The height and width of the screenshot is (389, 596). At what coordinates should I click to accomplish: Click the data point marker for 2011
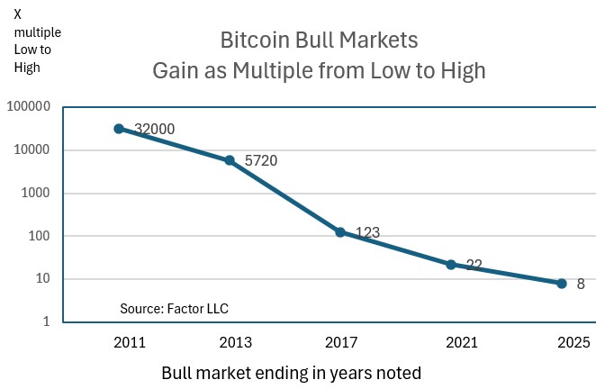[x=119, y=129]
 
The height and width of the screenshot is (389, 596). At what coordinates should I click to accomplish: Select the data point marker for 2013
[x=230, y=160]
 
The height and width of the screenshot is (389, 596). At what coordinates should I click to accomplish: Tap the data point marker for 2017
[x=340, y=232]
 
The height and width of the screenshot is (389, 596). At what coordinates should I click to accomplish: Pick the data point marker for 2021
[x=451, y=265]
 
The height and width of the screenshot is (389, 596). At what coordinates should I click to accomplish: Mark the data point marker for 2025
[x=562, y=284]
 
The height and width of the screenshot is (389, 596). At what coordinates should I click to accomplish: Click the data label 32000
[x=154, y=129]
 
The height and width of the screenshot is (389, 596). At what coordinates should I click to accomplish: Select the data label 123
[x=367, y=233]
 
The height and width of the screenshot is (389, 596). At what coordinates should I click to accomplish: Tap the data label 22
[x=474, y=266]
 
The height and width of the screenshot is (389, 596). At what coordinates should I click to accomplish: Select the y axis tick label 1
[x=47, y=322]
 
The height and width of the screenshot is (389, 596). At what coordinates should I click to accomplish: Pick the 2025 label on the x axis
[x=573, y=343]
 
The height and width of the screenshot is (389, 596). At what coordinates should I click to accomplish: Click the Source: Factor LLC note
[x=174, y=309]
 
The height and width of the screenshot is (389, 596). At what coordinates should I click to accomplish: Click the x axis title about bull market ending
[x=291, y=372]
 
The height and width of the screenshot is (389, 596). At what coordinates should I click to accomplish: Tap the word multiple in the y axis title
[x=37, y=32]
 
